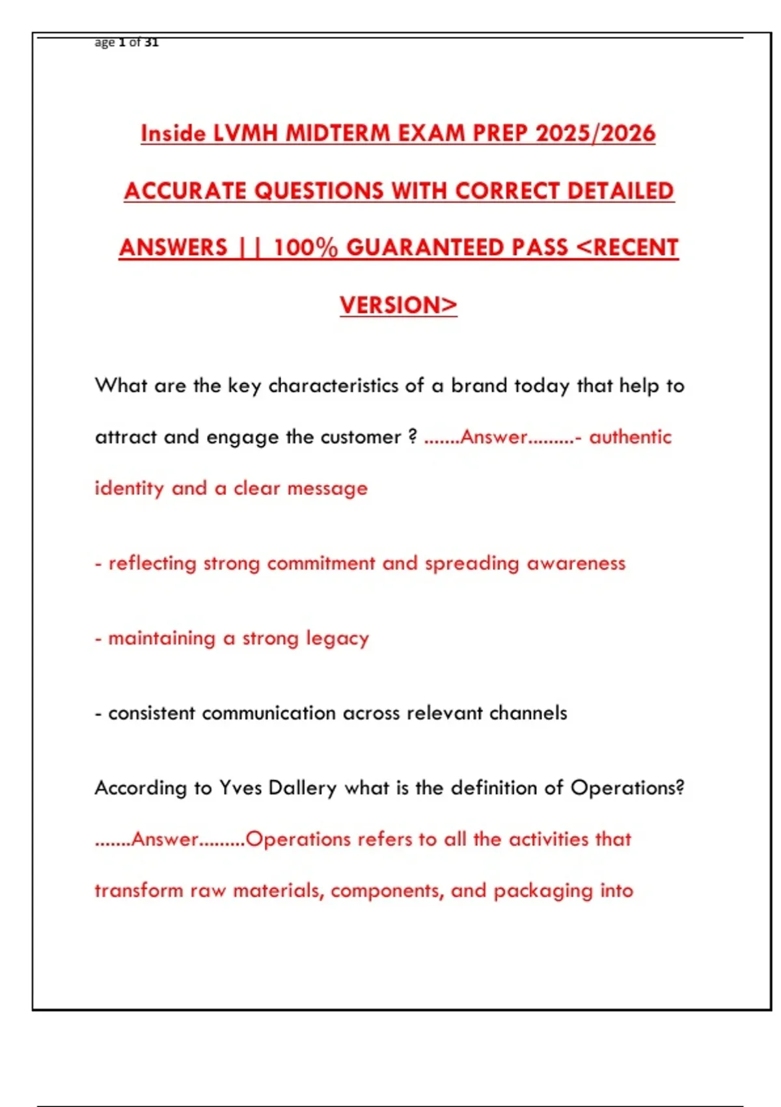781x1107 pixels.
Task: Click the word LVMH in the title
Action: click(246, 133)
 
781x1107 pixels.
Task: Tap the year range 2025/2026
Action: click(595, 133)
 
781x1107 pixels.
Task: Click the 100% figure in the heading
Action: click(305, 248)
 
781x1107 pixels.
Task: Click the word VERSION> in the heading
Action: click(398, 305)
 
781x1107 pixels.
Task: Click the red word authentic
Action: click(630, 437)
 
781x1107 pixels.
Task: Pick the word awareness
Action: click(576, 563)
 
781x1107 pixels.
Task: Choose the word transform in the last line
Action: click(139, 890)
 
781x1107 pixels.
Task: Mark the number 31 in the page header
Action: click(151, 42)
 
